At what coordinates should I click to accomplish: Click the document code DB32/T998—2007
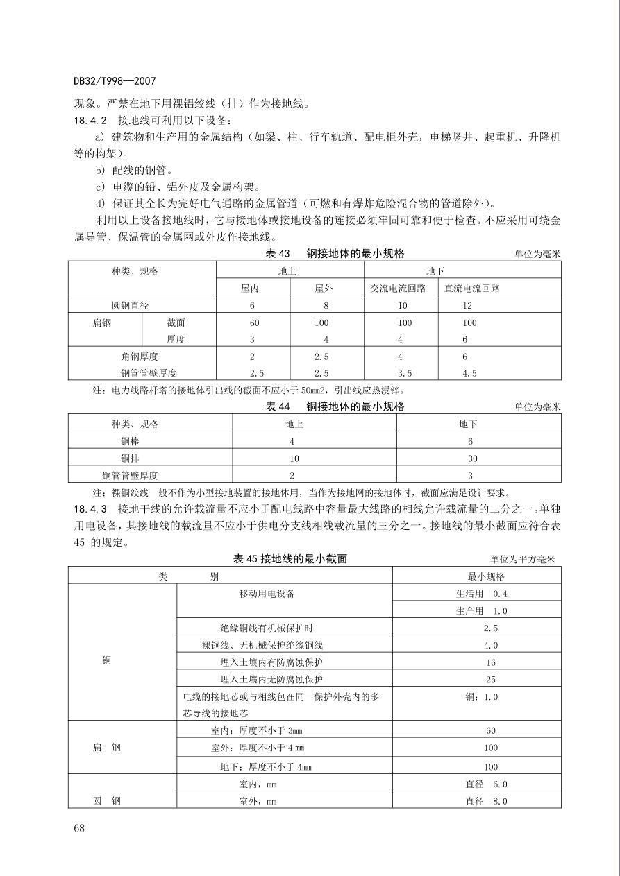pyautogui.click(x=108, y=80)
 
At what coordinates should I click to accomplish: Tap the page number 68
pyautogui.click(x=79, y=827)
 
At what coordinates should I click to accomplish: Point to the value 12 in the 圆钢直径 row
pyautogui.click(x=467, y=306)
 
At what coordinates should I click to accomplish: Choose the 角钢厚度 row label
pyautogui.click(x=139, y=357)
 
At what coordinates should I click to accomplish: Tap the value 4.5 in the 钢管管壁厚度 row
pyautogui.click(x=469, y=373)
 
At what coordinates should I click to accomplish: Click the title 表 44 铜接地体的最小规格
pyautogui.click(x=335, y=406)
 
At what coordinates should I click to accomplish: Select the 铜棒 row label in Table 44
pyautogui.click(x=130, y=441)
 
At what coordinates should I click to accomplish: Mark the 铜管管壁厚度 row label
pyautogui.click(x=130, y=475)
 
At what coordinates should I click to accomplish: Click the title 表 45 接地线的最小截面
pyautogui.click(x=290, y=559)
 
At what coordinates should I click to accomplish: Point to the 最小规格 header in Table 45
pyautogui.click(x=487, y=576)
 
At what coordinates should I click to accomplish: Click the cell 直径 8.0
pyautogui.click(x=486, y=801)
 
